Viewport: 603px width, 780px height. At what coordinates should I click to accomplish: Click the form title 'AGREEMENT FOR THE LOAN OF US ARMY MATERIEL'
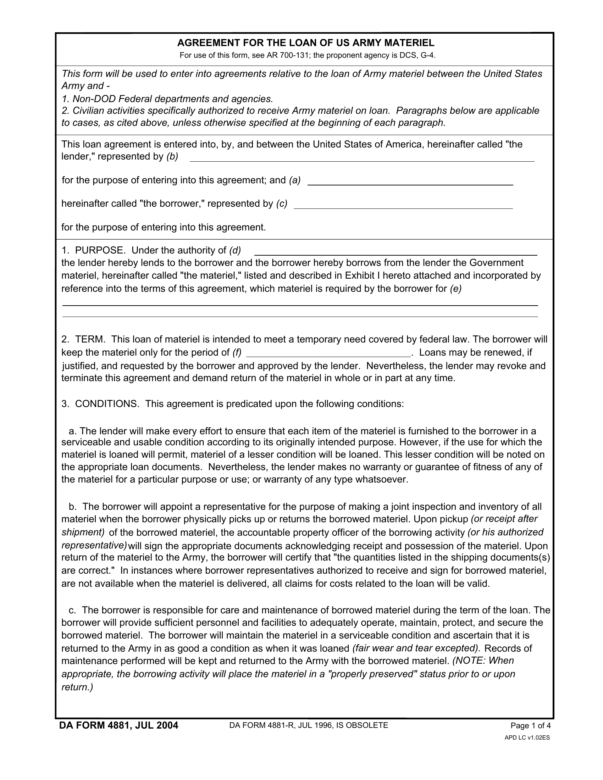coord(306,43)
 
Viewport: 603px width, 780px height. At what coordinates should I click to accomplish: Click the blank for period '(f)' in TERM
coord(329,353)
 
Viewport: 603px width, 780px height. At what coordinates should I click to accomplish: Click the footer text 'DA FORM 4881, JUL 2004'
coord(118,725)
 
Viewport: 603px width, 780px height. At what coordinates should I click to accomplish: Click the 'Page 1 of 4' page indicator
coord(531,725)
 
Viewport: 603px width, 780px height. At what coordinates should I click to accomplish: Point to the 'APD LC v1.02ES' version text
coord(527,737)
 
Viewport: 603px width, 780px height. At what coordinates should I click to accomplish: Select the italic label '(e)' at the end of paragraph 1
coord(455,289)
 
